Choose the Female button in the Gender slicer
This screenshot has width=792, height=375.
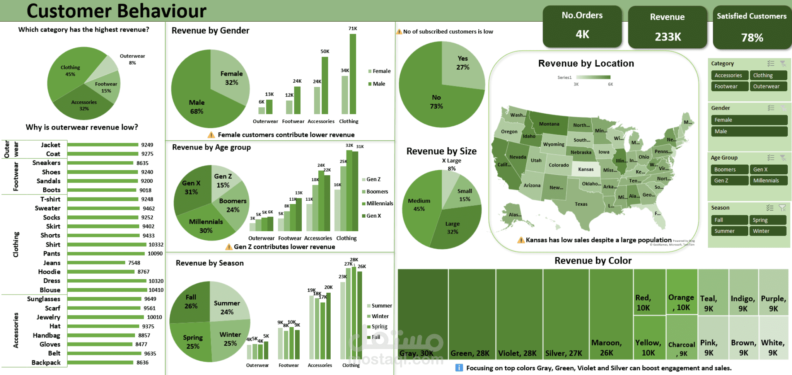click(x=749, y=120)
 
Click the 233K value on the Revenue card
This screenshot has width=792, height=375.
click(x=667, y=37)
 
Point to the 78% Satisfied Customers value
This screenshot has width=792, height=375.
click(x=752, y=37)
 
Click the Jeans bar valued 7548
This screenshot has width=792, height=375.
click(x=96, y=263)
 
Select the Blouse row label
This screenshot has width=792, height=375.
click(x=50, y=290)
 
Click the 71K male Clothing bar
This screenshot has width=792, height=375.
click(x=353, y=73)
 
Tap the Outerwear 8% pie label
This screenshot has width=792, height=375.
click(x=132, y=59)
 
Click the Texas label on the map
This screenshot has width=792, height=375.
click(x=581, y=204)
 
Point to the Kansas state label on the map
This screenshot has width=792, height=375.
click(x=585, y=169)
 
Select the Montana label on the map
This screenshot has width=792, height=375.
click(x=549, y=124)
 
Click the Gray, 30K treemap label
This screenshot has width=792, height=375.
click(x=416, y=353)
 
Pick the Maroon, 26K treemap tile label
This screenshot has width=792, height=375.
click(x=606, y=348)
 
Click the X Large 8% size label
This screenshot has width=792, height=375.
click(x=452, y=164)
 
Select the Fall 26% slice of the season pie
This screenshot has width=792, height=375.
click(x=191, y=302)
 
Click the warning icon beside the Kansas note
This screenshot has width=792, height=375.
click(x=521, y=240)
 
